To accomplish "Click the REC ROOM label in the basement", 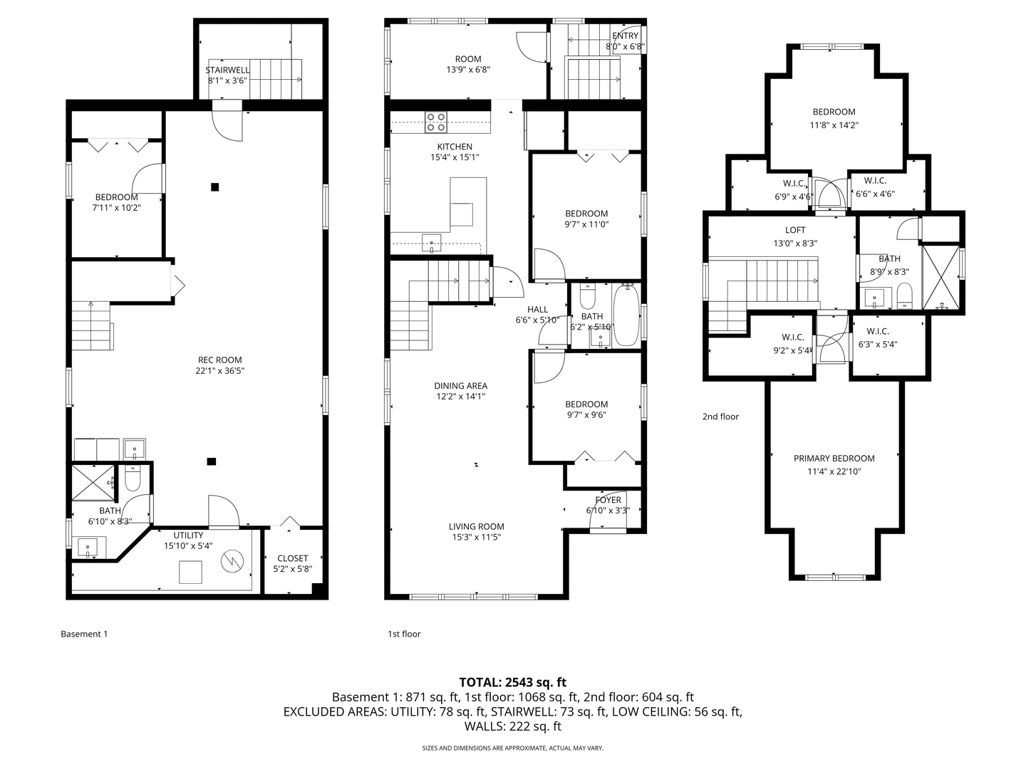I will (219, 360).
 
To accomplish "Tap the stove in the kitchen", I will (436, 122).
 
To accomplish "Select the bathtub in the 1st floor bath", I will (626, 315).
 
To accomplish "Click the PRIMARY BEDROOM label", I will (834, 459).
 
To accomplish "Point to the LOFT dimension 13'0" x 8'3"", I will (795, 243).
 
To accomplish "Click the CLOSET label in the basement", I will (292, 558).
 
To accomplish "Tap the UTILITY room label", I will (188, 535).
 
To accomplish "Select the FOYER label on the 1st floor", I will (608, 500).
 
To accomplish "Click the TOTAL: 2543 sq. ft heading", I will (512, 682).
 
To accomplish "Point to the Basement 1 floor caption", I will (84, 634).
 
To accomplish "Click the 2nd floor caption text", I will (720, 417).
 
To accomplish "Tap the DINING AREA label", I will (460, 386).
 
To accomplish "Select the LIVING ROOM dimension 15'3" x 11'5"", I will (476, 538).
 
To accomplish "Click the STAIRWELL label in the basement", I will (227, 70).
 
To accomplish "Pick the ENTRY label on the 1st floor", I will (625, 36).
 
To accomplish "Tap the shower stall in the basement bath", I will (93, 482).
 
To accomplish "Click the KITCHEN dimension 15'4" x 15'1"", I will (455, 157).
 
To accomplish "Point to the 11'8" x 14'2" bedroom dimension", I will (834, 125).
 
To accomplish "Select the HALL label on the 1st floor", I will (537, 309).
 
